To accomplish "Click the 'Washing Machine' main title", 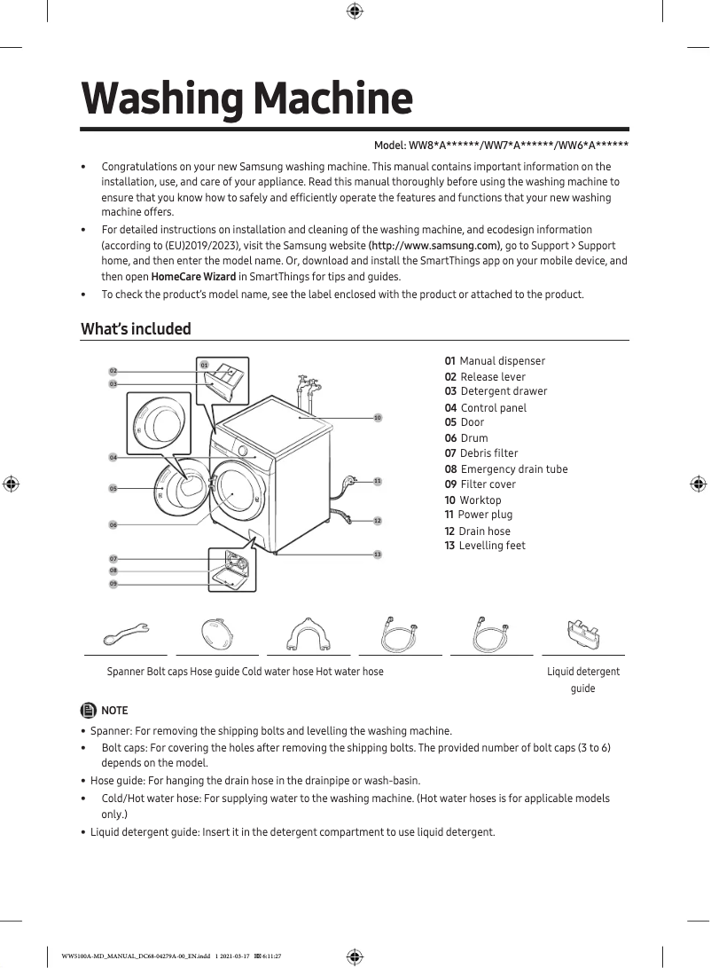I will point(246,99).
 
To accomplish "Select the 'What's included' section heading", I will point(136,329).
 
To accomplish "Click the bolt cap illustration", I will point(217,634).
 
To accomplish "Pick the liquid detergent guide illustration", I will point(582,634).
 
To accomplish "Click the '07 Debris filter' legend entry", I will point(481,453).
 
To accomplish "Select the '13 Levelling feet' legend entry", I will point(485,546).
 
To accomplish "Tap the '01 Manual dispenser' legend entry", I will point(495,361).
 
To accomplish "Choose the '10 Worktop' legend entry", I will point(473,500).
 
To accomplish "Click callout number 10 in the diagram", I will point(377,417).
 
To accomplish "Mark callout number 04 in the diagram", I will point(113,457).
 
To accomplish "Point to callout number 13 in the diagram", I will point(377,555).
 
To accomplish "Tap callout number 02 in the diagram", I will point(113,371).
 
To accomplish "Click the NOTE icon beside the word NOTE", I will point(89,710).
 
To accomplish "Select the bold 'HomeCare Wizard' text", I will point(193,277).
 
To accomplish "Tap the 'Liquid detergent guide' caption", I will point(582,680).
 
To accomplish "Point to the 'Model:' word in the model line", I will point(389,146).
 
